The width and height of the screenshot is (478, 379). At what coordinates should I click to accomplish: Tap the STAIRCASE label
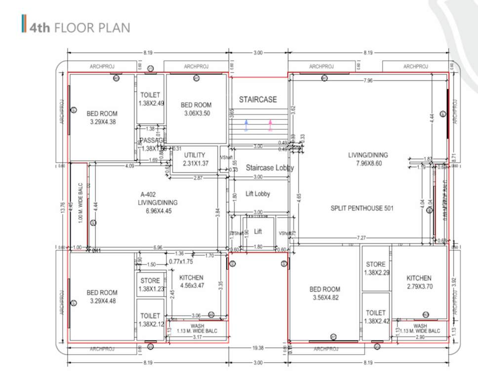click(x=258, y=100)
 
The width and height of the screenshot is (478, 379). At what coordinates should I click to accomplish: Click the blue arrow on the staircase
click(x=246, y=125)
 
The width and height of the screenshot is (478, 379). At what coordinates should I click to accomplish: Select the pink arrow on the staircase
click(x=270, y=125)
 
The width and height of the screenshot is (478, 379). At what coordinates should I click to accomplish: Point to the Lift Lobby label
click(x=258, y=194)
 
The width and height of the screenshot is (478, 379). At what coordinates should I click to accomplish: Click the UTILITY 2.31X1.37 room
click(x=195, y=159)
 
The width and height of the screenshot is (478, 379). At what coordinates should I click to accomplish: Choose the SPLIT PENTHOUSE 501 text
click(x=362, y=208)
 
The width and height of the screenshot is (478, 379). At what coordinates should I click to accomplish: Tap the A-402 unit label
click(x=148, y=194)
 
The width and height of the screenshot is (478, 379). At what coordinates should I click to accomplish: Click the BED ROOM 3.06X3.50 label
click(x=196, y=109)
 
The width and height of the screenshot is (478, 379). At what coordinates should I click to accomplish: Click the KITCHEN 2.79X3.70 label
click(x=419, y=282)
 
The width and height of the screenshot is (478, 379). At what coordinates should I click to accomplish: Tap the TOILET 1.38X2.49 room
click(x=150, y=99)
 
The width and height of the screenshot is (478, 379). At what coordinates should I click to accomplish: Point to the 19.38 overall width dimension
click(x=257, y=348)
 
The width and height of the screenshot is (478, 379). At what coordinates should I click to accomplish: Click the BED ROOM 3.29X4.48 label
click(x=102, y=297)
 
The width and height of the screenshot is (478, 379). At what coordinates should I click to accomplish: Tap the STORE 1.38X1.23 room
click(x=150, y=284)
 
